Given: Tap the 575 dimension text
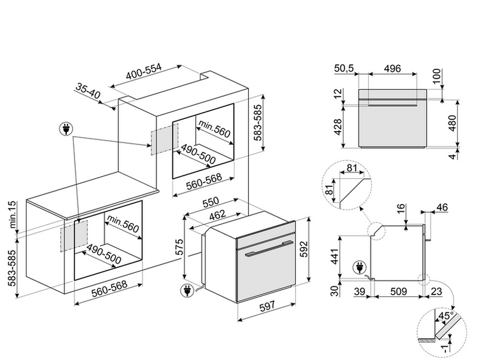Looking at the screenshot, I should [180, 247].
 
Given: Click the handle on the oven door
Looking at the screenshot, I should [266, 253].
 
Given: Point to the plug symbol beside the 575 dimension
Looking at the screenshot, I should [187, 291].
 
